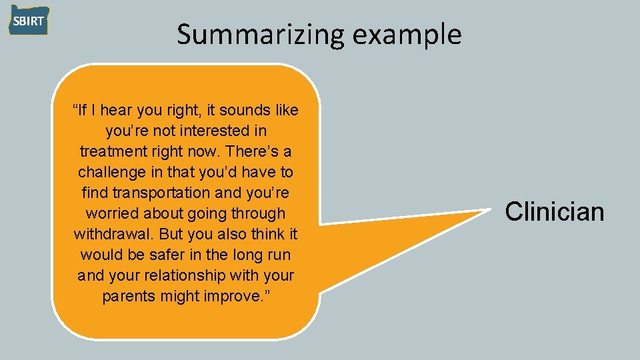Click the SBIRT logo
pos(29,21)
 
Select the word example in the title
pos(407,35)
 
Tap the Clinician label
pos(554,212)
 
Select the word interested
pos(211,131)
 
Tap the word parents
pos(129,296)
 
